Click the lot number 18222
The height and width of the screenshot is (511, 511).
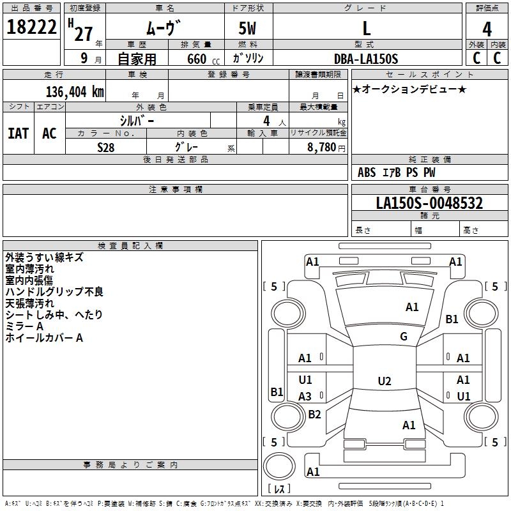tap(31, 27)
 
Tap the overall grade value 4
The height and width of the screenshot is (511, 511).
tap(487, 29)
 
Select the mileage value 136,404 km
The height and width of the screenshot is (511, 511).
tap(75, 92)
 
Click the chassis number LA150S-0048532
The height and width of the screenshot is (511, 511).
tap(429, 203)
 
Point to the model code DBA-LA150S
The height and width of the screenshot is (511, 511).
tap(366, 59)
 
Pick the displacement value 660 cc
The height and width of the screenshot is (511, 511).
tap(203, 59)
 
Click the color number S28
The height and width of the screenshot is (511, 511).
tap(106, 148)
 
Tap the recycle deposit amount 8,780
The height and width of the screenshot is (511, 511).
tap(322, 148)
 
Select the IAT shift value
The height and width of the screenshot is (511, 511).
tap(19, 133)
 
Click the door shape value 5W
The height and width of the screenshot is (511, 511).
tap(247, 28)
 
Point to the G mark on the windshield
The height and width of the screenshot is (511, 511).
tap(404, 336)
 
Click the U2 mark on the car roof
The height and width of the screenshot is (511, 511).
tap(385, 381)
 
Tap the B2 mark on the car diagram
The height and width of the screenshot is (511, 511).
tap(314, 414)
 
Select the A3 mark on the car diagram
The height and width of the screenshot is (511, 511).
tap(305, 396)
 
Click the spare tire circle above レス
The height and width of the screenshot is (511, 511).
tap(279, 466)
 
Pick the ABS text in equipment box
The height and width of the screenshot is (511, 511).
tap(367, 172)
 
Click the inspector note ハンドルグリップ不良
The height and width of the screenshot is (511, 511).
tap(54, 291)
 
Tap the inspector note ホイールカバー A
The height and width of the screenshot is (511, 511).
tap(44, 338)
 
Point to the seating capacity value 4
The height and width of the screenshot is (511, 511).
tap(266, 121)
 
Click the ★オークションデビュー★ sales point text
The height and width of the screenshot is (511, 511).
tap(409, 89)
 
